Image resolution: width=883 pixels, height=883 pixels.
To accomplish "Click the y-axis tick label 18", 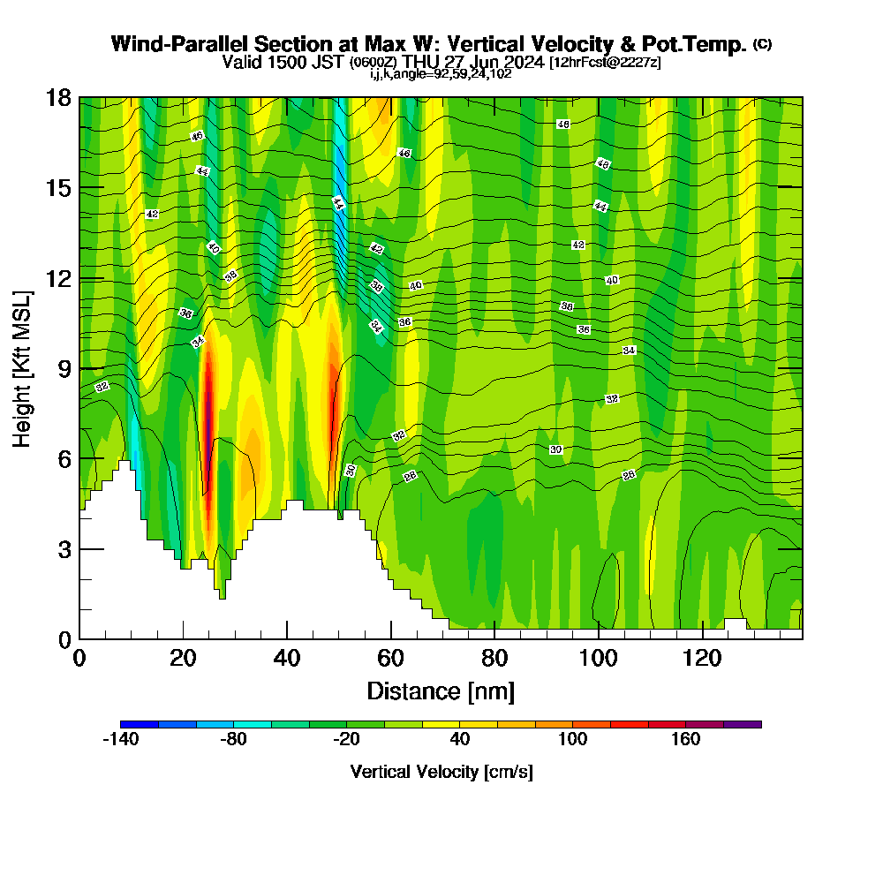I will click(59, 98).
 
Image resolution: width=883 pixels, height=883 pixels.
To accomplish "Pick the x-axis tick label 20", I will click(183, 658).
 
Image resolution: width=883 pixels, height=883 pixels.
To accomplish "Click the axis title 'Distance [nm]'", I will click(441, 691).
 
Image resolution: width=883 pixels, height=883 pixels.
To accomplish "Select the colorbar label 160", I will click(685, 739).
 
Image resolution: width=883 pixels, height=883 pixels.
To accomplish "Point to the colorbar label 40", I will click(459, 739).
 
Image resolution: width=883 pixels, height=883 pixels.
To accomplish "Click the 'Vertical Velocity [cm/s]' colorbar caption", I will click(441, 772).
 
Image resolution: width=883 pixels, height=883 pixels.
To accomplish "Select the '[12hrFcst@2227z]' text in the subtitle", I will click(605, 63).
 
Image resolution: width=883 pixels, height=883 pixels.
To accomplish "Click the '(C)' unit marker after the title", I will click(763, 44).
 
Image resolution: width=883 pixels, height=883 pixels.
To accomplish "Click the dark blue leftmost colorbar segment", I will click(140, 724).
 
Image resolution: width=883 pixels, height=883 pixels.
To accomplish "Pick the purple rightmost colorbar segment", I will click(743, 724).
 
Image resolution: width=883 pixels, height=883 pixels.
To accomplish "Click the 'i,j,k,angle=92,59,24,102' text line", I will click(441, 73).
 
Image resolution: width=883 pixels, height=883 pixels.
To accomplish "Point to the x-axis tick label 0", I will click(79, 658).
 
